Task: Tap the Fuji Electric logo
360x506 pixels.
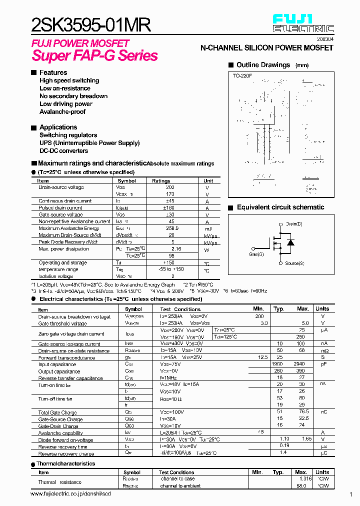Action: tap(303, 23)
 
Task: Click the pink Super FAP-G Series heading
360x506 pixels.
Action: tap(95, 55)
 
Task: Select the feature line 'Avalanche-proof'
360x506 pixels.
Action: tap(62, 112)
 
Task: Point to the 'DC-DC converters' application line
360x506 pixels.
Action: tap(63, 151)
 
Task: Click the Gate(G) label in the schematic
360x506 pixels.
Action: tap(256, 254)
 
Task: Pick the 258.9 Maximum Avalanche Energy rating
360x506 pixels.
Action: tap(171, 228)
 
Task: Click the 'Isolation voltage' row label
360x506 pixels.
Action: tap(55, 276)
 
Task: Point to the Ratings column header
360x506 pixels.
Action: tap(161, 181)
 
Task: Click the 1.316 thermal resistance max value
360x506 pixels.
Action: tap(304, 478)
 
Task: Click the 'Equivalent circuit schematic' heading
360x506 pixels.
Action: tap(280, 207)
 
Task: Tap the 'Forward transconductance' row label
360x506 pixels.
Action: tap(66, 358)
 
